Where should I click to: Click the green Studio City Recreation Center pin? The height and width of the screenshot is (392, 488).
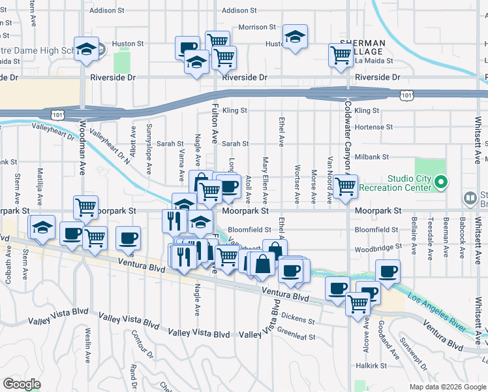pyautogui.click(x=441, y=182)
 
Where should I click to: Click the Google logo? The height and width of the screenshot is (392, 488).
pyautogui.click(x=22, y=384)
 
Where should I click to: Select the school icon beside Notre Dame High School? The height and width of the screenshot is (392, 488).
pyautogui.click(x=85, y=49)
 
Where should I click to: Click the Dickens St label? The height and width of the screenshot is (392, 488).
pyautogui.click(x=298, y=321)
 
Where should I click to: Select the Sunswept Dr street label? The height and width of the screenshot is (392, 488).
pyautogui.click(x=414, y=355)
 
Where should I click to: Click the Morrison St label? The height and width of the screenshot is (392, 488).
pyautogui.click(x=257, y=27)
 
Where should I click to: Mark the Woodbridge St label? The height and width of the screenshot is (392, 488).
pyautogui.click(x=376, y=249)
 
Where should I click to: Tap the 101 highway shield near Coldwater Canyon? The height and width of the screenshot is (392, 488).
pyautogui.click(x=406, y=95)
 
